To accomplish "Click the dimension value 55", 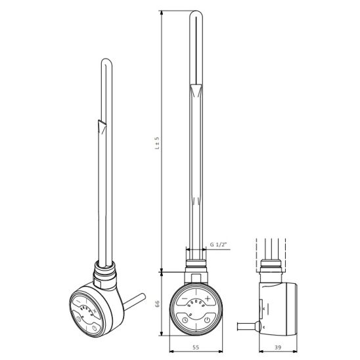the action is point(196,347).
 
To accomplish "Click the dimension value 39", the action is point(278,347).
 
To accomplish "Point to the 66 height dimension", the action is point(157,304).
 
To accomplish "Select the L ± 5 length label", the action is point(157,143).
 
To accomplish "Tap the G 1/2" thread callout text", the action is point(218,244).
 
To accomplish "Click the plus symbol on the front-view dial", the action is point(208,298).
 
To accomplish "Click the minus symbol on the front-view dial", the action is point(185,298).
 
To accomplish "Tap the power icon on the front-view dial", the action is point(207,319).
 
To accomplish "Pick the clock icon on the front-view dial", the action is point(185,319).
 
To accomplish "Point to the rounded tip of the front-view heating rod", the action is point(196,12).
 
